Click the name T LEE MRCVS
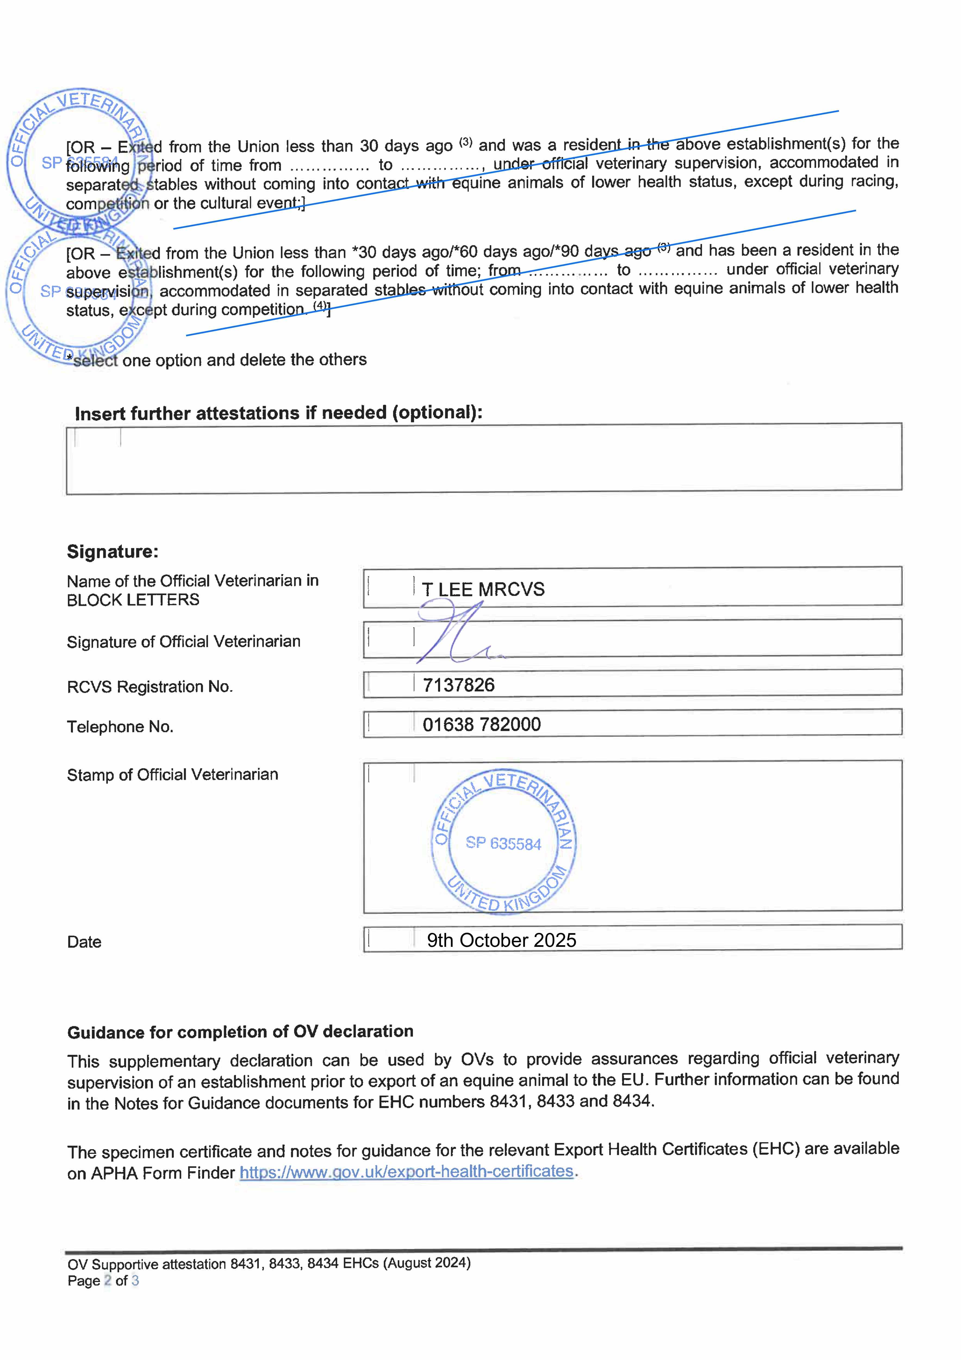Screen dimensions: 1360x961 coord(483,589)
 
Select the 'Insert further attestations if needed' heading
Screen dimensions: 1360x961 coord(278,413)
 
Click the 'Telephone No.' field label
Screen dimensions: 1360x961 coord(120,727)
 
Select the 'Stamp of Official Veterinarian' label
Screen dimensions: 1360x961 coord(172,775)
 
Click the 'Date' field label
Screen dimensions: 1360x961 coord(84,942)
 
